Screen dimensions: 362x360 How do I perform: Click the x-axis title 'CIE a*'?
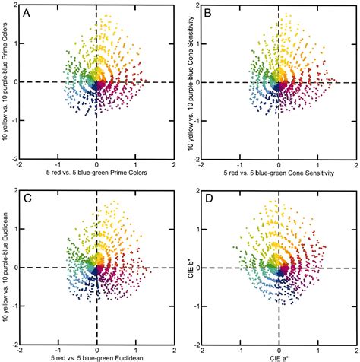(x=279, y=357)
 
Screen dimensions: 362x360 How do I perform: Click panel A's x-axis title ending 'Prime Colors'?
(x=96, y=172)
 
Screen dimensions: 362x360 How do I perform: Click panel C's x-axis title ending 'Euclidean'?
(x=96, y=357)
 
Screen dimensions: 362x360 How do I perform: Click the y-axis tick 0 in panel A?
(x=14, y=82)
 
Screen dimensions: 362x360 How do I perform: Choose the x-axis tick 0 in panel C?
(x=96, y=348)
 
